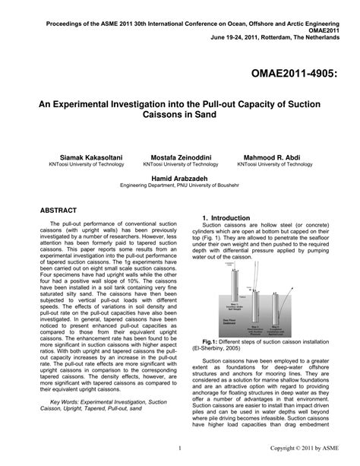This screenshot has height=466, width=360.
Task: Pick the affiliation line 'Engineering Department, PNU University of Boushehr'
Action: pyautogui.click(x=180, y=185)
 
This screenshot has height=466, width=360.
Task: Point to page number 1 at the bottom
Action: pyautogui.click(x=179, y=449)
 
